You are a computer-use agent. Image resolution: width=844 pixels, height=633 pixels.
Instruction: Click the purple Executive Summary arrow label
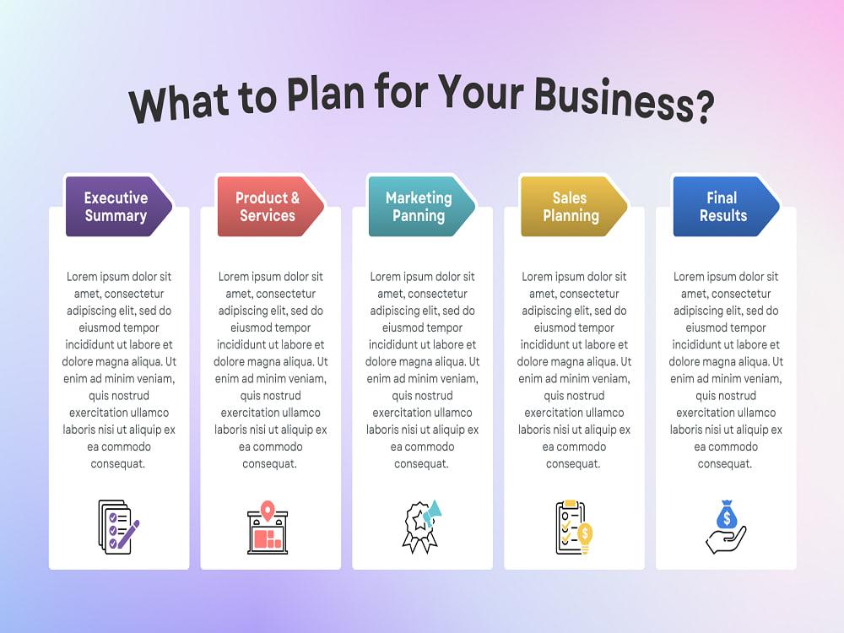point(118,207)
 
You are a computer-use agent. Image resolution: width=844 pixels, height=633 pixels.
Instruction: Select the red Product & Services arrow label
point(270,207)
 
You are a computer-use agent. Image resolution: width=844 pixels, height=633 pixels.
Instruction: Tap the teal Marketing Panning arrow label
point(422,207)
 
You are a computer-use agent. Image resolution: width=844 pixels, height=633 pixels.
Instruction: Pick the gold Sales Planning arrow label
point(574,207)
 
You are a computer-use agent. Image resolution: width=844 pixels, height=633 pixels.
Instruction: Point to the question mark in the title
point(705,107)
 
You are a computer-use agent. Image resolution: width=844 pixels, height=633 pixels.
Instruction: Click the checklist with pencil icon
point(119,527)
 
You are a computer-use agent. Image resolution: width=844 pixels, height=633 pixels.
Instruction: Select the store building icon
point(268,527)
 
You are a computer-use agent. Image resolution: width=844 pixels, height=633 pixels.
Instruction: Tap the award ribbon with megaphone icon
point(422,527)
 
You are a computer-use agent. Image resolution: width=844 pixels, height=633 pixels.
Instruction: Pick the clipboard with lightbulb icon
point(574,527)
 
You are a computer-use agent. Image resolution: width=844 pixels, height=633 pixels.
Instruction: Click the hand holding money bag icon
point(726,527)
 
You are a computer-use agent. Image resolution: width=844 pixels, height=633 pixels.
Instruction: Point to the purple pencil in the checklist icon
point(128,534)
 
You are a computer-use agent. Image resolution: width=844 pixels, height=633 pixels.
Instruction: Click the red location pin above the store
point(268,510)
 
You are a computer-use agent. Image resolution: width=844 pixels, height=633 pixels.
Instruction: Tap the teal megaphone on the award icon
point(432,513)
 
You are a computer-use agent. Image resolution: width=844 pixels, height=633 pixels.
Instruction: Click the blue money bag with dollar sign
point(727,515)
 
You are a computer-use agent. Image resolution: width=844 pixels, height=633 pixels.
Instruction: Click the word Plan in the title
point(326,94)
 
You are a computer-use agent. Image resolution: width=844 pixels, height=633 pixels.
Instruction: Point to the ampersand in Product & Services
point(295,198)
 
